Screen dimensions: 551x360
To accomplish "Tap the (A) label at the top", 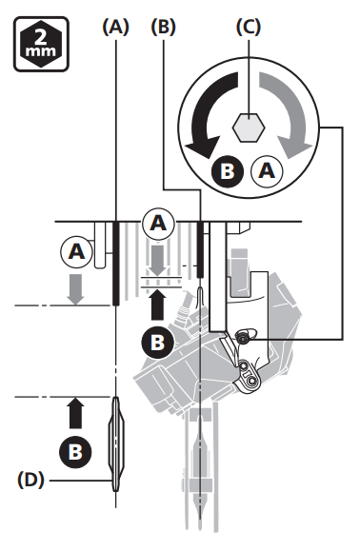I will pos(114,28).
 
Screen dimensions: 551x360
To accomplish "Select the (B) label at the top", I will pos(164,28).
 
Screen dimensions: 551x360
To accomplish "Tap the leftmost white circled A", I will pos(75,252).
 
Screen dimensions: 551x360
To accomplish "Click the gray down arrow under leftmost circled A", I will pos(75,287).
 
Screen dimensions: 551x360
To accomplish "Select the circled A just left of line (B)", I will pos(158,225).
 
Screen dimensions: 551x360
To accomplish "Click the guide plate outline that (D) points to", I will pos(115,443).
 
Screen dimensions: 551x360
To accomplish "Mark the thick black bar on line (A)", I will pos(115,263).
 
